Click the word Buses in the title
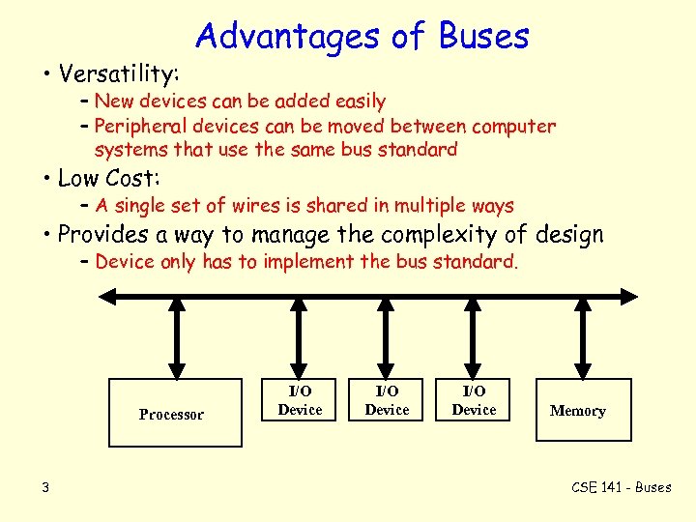point(484,36)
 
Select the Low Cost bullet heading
point(108,178)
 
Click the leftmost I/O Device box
point(300,400)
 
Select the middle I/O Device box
point(387,400)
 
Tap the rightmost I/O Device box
point(474,400)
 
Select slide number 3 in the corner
point(45,486)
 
